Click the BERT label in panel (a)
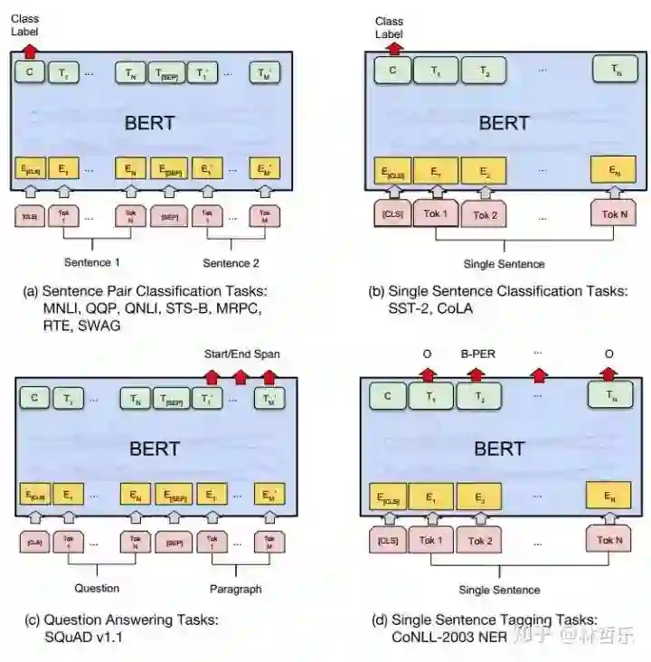coord(150,122)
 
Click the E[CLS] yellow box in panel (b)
coord(392,169)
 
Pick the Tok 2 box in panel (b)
coord(486,216)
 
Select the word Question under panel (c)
coord(97,588)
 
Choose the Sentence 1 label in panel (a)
coord(91,262)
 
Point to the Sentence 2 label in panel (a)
coord(230,262)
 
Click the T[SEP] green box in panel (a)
coord(168,72)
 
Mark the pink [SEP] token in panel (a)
coord(168,217)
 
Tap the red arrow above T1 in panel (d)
coord(428,373)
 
